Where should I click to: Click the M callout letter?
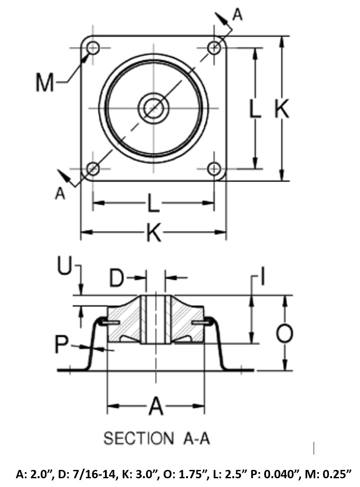[x=45, y=83]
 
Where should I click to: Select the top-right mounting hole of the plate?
[x=214, y=48]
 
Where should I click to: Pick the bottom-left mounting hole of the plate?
[x=93, y=169]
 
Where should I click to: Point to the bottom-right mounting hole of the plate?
[x=214, y=169]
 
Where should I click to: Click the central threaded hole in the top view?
[x=154, y=108]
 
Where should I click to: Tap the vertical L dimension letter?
[x=255, y=109]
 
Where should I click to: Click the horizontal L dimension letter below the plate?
[x=153, y=204]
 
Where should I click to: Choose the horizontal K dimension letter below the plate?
[x=154, y=232]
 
